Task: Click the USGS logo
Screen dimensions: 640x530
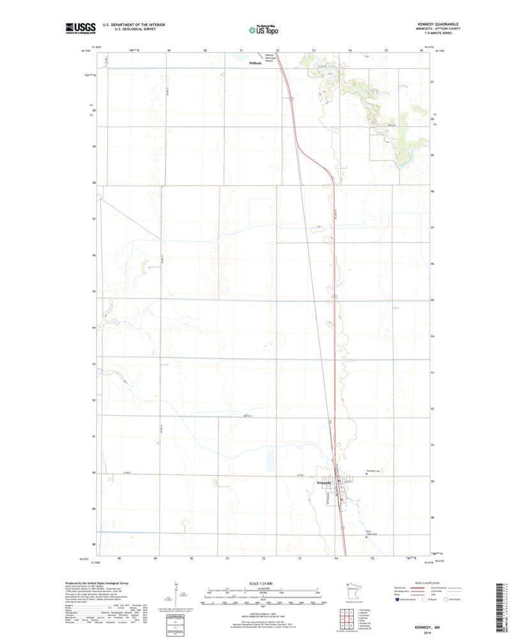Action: pyautogui.click(x=80, y=27)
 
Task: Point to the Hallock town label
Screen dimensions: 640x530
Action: pyautogui.click(x=256, y=63)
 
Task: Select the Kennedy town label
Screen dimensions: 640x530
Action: pyautogui.click(x=324, y=483)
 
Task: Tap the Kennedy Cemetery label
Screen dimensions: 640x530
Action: pyautogui.click(x=373, y=471)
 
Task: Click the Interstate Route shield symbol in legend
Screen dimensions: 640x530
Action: pyautogui.click(x=400, y=600)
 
